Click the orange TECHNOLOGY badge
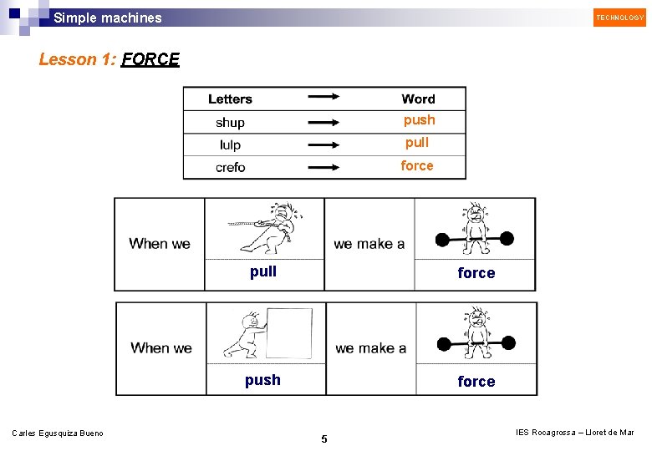tap(619, 17)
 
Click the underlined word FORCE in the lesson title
tap(150, 59)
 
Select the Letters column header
tap(230, 99)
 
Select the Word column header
tap(418, 99)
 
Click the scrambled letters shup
tap(230, 123)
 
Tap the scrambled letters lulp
tap(230, 145)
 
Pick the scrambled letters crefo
tap(230, 167)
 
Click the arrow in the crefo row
tap(323, 167)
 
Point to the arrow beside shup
tap(323, 123)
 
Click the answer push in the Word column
tap(419, 120)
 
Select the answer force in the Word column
tap(416, 165)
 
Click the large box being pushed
tap(288, 332)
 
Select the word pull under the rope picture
tap(262, 271)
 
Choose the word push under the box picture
tap(262, 380)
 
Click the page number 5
tap(324, 439)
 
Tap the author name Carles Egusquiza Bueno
tap(58, 433)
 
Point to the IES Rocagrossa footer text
tap(574, 432)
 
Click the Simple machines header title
tap(108, 18)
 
